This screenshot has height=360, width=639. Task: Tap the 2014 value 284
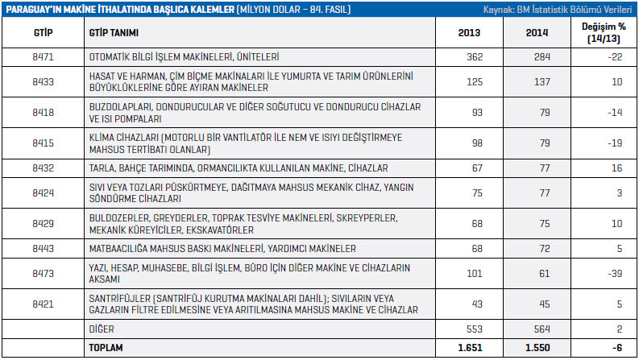[x=539, y=57]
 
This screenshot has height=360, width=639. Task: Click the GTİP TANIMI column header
[x=116, y=33]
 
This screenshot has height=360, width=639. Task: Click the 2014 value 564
[x=540, y=329]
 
